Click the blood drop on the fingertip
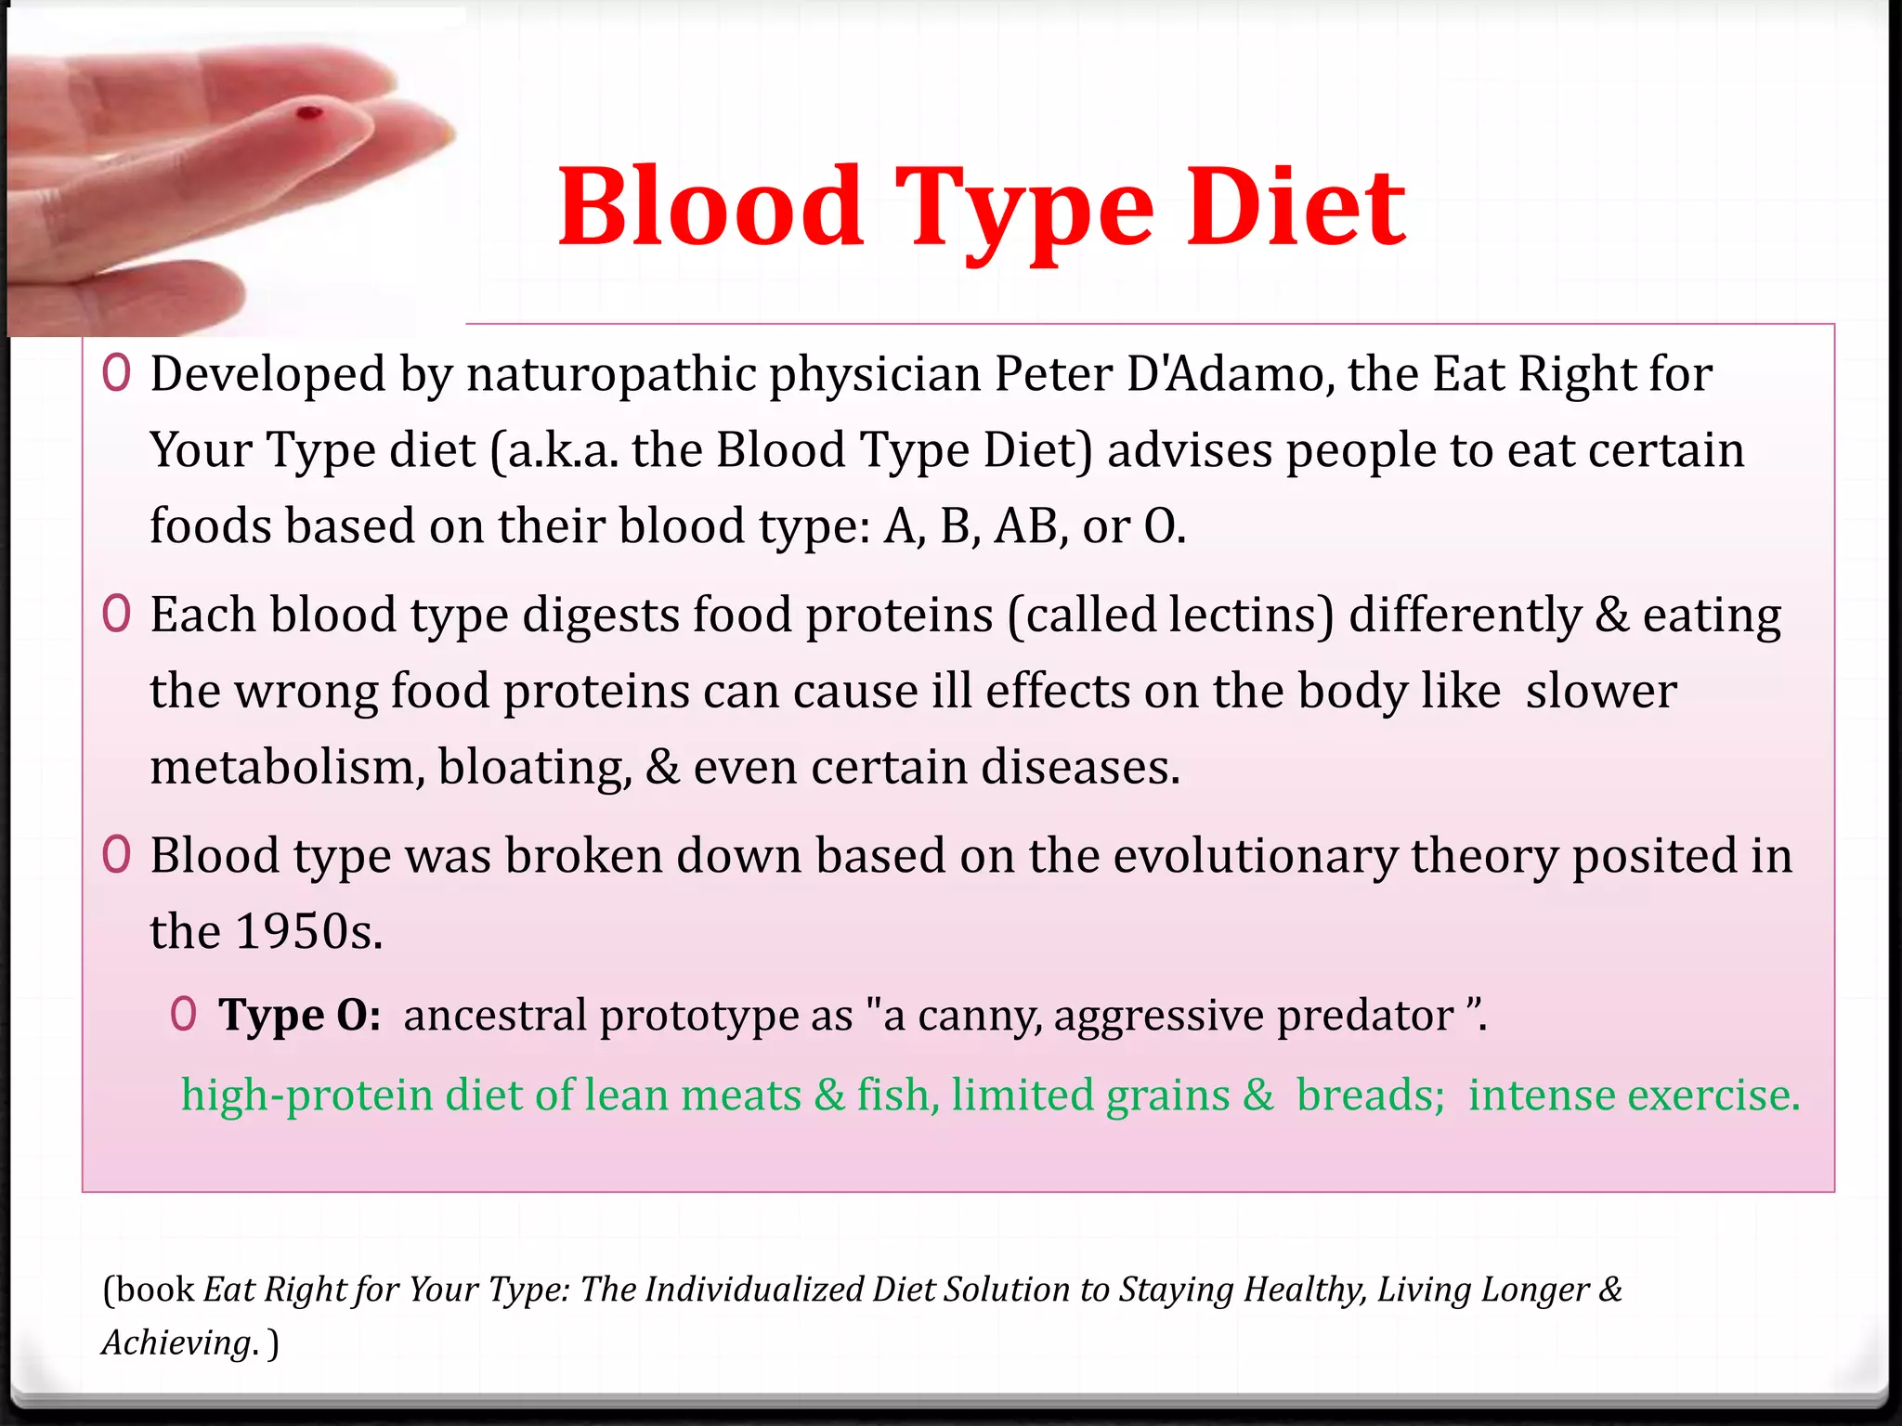pyautogui.click(x=308, y=114)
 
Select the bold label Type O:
pyautogui.click(x=299, y=1015)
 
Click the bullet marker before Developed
pyautogui.click(x=116, y=373)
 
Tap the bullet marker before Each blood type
pyautogui.click(x=116, y=614)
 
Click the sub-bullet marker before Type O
pyautogui.click(x=183, y=1014)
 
